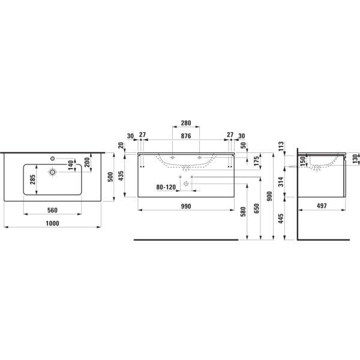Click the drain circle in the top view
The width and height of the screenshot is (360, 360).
pos(53,172)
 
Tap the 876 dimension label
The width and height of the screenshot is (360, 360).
pos(186,136)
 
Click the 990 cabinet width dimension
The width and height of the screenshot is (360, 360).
pos(186,206)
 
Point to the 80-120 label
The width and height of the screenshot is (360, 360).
pos(166,187)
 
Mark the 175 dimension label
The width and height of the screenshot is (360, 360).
pos(256,161)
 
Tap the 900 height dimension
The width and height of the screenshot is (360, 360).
pos(270,196)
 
